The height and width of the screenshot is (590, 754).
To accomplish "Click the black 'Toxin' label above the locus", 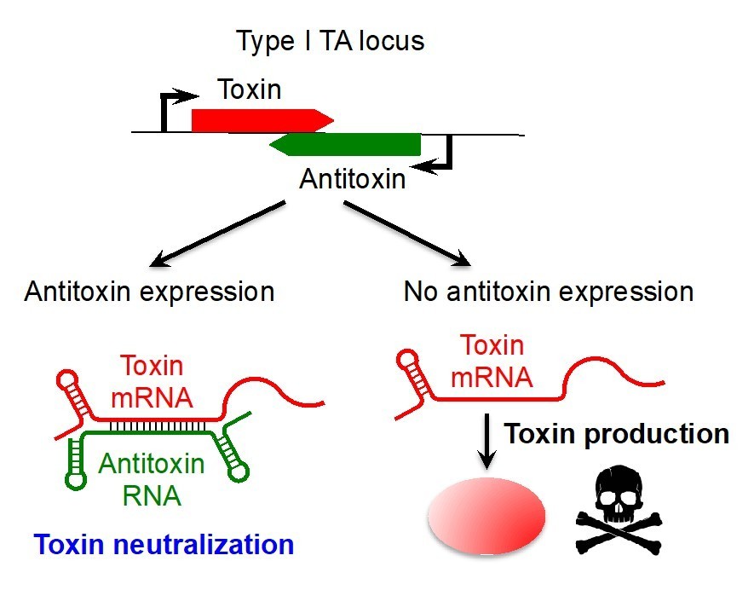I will [249, 89].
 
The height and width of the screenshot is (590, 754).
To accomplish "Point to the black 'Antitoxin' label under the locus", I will [353, 180].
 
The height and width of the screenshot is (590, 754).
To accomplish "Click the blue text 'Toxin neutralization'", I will [159, 543].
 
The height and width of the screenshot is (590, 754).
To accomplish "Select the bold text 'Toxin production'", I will [616, 434].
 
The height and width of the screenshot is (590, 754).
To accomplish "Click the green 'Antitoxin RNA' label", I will [151, 479].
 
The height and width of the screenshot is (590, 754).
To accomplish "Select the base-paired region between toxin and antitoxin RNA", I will [158, 425].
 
